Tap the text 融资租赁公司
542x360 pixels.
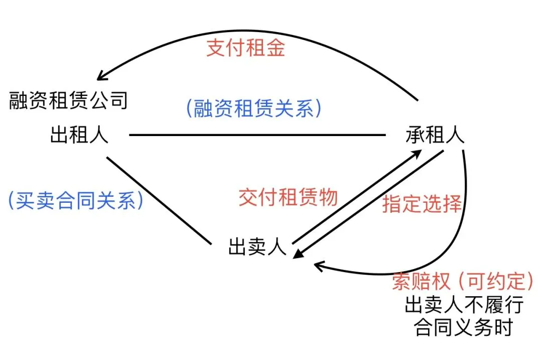tap(68, 100)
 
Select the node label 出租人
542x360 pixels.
tap(79, 135)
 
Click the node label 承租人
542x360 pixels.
tap(435, 135)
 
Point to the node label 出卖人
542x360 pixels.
tap(257, 247)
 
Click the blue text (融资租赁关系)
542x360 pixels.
tap(253, 108)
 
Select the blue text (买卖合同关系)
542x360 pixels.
tap(76, 201)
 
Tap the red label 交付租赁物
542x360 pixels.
tap(288, 197)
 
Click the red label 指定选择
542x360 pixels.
tap(422, 204)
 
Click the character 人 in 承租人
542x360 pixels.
tap(454, 135)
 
